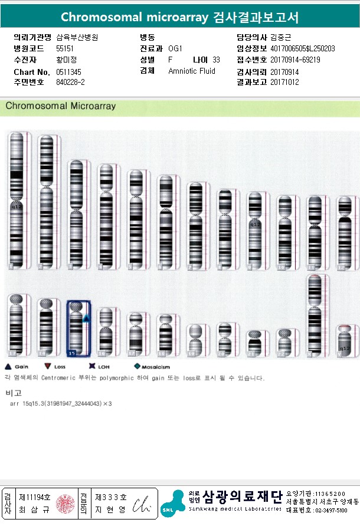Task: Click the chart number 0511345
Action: (68, 71)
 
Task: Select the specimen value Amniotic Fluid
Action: (192, 71)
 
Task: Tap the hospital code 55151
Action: (65, 48)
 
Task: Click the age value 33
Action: (216, 60)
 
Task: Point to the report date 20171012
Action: (286, 83)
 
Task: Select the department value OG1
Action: (175, 48)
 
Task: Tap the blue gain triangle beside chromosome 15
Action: (86, 318)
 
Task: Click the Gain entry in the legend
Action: (18, 367)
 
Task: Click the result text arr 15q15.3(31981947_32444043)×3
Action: (61, 404)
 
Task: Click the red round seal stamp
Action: (65, 503)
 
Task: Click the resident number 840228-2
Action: (70, 83)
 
